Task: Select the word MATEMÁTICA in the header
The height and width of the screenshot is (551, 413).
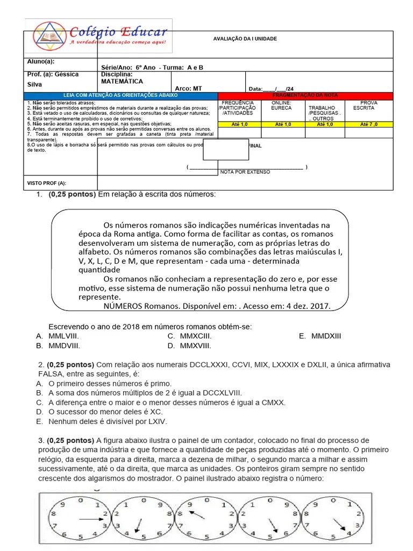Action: click(x=122, y=82)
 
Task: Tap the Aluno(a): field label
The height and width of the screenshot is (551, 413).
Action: click(x=41, y=62)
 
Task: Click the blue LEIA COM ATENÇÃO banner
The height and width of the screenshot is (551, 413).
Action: click(x=120, y=95)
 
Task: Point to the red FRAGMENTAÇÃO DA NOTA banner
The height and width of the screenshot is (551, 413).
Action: click(x=305, y=95)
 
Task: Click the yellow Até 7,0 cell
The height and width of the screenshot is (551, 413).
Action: click(x=368, y=124)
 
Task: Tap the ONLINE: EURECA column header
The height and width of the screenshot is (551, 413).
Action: click(x=281, y=105)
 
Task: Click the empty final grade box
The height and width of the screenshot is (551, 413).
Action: click(x=225, y=150)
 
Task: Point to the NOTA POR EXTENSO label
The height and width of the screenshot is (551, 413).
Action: click(x=245, y=172)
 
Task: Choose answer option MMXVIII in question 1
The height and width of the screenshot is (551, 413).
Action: click(x=195, y=346)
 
